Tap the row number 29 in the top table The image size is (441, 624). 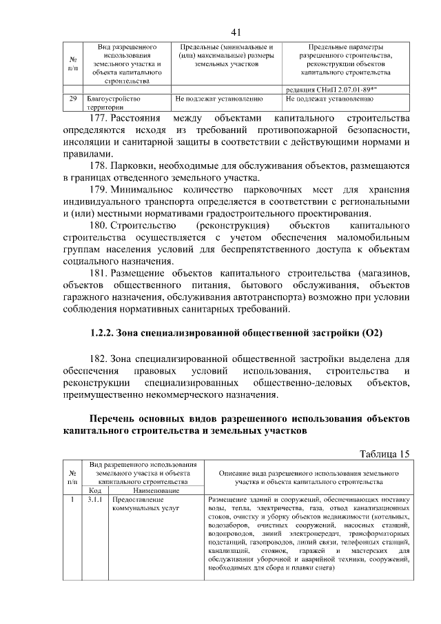pos(72,99)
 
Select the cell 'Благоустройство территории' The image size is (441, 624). pos(111,103)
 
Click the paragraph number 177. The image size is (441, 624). pos(101,118)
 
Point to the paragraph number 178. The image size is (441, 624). pos(101,166)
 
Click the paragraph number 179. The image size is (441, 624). pos(101,190)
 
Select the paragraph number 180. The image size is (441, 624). pos(101,226)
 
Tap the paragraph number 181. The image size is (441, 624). pos(101,274)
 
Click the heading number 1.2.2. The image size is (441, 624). pos(105,333)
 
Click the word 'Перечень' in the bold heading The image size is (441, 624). pos(115,419)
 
